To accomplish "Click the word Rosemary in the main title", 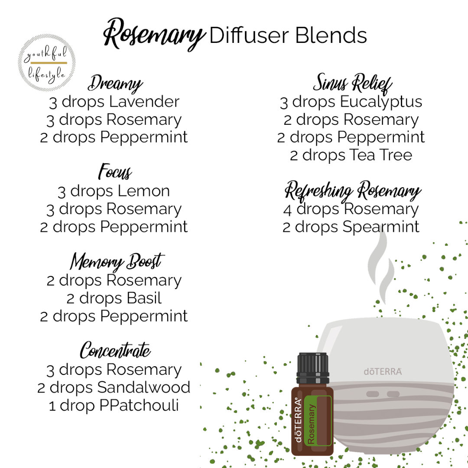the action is tap(154, 34).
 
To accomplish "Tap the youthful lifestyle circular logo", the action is tap(46, 63).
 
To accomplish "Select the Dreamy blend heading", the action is tap(115, 84).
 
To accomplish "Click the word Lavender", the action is tap(144, 101).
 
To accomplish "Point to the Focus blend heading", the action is tap(115, 172).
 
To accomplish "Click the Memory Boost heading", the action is tap(117, 262).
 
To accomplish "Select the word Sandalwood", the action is tap(143, 387).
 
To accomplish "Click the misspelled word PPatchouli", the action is tap(139, 405).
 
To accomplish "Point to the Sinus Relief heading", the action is tap(352, 83).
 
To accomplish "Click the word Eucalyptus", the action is tap(381, 102).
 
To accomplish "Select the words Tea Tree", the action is tap(380, 155).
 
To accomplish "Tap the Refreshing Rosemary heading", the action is tap(353, 191).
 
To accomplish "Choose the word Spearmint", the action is tap(381, 227).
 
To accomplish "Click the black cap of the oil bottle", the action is tap(313, 368).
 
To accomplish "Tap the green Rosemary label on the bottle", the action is tap(318, 421).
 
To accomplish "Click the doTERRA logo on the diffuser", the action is tap(383, 372).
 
